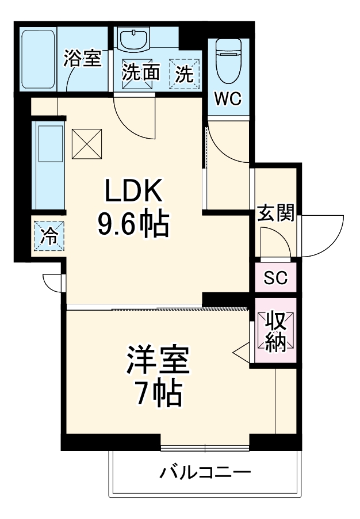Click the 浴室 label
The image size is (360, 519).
point(82,58)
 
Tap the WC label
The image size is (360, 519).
point(228,98)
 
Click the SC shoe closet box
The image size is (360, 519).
point(275,278)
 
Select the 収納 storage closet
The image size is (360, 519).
point(275,332)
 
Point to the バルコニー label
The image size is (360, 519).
point(205,473)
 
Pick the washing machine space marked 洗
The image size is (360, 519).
point(184,74)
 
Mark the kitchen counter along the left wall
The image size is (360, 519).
point(49,167)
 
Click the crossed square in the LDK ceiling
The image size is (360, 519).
point(86,144)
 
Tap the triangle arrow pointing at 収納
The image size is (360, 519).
point(241,350)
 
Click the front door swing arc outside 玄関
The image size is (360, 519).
point(322,236)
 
